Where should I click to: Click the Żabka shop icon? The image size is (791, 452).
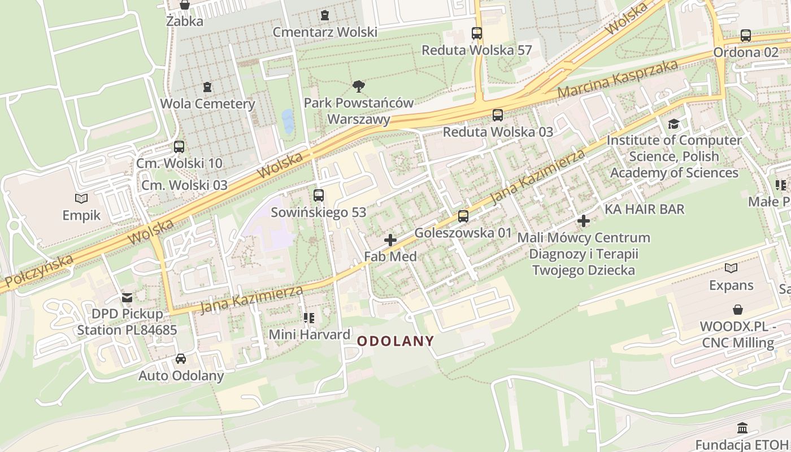pos(185,5)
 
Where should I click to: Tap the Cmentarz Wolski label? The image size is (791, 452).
pos(325,32)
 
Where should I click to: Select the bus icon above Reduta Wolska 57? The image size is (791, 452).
pos(477,33)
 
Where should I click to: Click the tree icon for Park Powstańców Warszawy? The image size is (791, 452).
pos(358,86)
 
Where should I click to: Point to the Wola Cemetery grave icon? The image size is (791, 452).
pos(207,88)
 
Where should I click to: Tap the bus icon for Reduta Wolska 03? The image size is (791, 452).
pos(498,115)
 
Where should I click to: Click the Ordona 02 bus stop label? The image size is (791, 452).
pos(745,52)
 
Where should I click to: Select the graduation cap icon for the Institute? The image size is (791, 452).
pos(673,124)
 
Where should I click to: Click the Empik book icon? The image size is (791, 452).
pos(81,199)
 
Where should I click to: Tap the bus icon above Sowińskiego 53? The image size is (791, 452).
pos(319,195)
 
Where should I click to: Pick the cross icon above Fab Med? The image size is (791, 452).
pos(390,240)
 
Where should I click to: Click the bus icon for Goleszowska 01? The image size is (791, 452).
pos(463,216)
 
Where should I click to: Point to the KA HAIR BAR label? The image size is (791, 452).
pos(644,210)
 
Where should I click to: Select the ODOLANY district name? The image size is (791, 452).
pos(395,341)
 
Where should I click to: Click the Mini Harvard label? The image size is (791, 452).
pos(309,334)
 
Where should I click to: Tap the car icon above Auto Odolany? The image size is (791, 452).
pos(181,359)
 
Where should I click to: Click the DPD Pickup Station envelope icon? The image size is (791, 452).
pos(127,297)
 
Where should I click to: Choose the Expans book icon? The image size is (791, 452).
pos(731,268)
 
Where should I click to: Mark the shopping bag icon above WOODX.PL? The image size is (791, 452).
pos(737,310)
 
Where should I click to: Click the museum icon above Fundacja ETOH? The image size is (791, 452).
pos(742,428)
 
